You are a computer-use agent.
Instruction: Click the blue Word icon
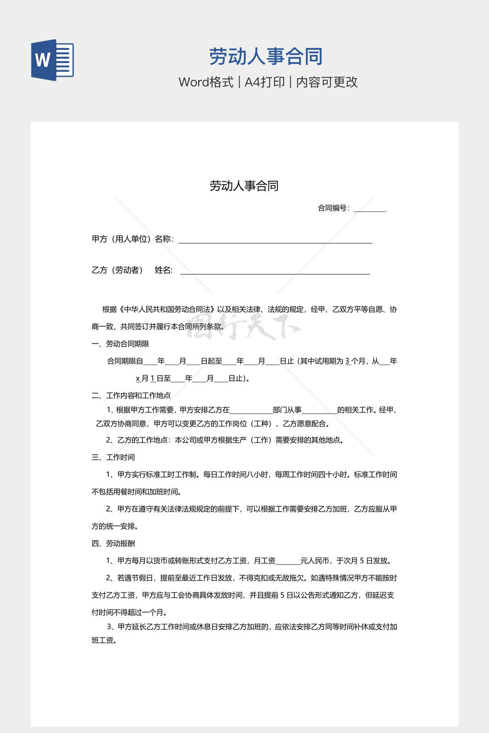[x=52, y=60]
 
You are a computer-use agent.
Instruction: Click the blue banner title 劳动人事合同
[x=266, y=57]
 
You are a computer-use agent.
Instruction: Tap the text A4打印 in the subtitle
[x=265, y=82]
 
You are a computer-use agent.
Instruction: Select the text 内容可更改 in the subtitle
[x=327, y=82]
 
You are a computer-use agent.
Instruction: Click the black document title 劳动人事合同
[x=244, y=186]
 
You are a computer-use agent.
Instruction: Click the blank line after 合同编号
[x=370, y=209]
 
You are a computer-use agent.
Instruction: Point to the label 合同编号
[x=333, y=208]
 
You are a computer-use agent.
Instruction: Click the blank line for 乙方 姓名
[x=275, y=272]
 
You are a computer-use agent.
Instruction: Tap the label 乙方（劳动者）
[x=117, y=270]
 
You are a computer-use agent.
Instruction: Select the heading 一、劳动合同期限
[x=120, y=344]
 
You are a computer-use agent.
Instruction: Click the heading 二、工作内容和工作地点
[x=131, y=395]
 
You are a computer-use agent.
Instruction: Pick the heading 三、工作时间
[x=113, y=457]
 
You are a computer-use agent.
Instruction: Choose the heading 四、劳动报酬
[x=113, y=543]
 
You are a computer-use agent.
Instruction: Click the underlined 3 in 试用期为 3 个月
[x=348, y=361]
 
